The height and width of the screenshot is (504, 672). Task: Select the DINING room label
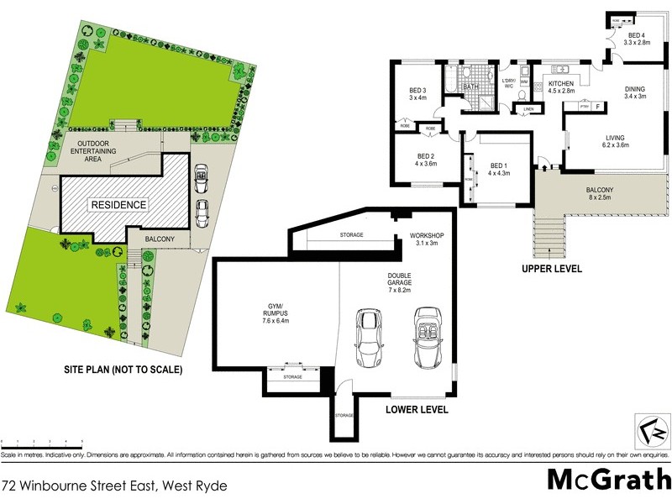coord(634,92)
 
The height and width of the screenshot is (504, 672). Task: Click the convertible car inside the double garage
coord(427,338)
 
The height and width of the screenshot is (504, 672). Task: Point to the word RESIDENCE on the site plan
coord(118,205)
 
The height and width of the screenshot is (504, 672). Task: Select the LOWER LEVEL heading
coord(417,410)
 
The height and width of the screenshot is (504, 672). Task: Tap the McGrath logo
coord(608,479)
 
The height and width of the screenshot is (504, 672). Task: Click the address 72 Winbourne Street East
coord(113,485)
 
